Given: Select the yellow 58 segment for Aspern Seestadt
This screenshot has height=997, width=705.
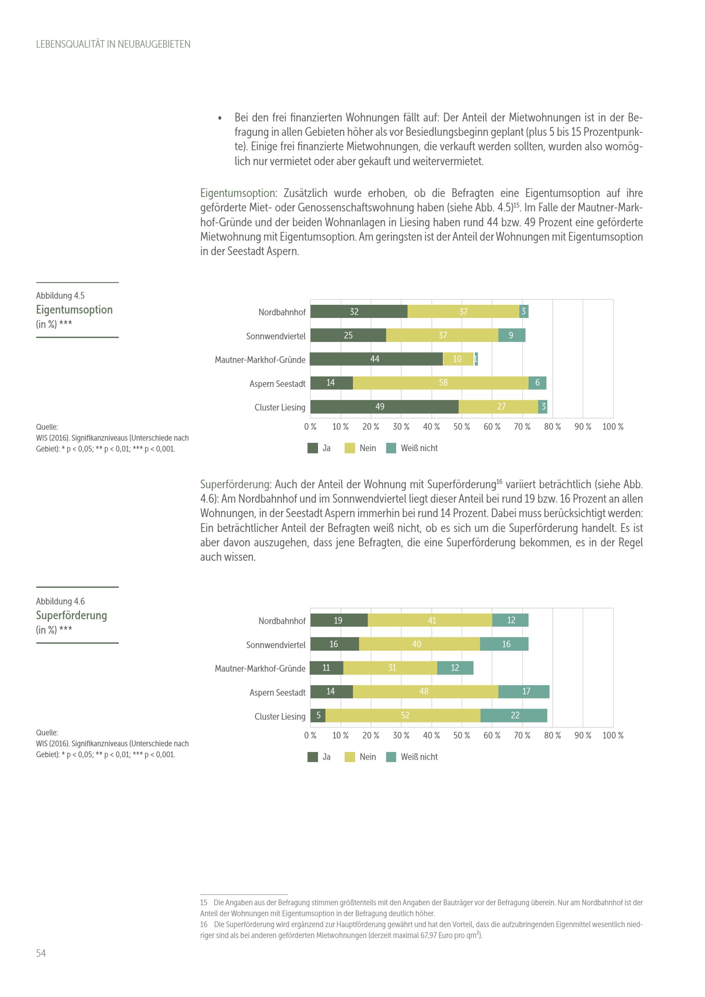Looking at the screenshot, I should coord(441,383).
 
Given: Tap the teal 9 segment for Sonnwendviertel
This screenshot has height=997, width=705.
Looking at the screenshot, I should coord(511,335).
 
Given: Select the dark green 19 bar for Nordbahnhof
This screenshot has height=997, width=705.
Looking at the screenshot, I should coord(339,620).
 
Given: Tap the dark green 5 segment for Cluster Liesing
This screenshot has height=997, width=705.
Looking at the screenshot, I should coord(318,716).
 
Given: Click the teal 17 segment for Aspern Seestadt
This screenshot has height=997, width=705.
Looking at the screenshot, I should coord(523,692).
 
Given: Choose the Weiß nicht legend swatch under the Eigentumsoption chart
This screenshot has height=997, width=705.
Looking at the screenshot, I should coord(391,448).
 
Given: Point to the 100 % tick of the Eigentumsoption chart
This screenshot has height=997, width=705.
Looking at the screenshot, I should coord(613,427).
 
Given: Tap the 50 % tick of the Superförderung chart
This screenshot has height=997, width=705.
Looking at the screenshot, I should coord(461,736).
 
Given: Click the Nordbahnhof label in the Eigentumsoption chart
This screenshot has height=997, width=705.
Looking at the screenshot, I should coord(282,312).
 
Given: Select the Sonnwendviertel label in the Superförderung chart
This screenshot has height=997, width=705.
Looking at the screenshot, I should coord(276,645).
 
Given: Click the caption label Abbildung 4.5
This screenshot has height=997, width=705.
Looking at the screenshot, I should coord(60,296).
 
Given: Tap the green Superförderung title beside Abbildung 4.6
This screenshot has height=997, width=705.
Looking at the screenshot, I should coord(72,615).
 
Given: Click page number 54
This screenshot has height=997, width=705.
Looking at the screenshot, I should coord(41,953).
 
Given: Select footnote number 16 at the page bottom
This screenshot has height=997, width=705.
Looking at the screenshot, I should coord(204,924).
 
